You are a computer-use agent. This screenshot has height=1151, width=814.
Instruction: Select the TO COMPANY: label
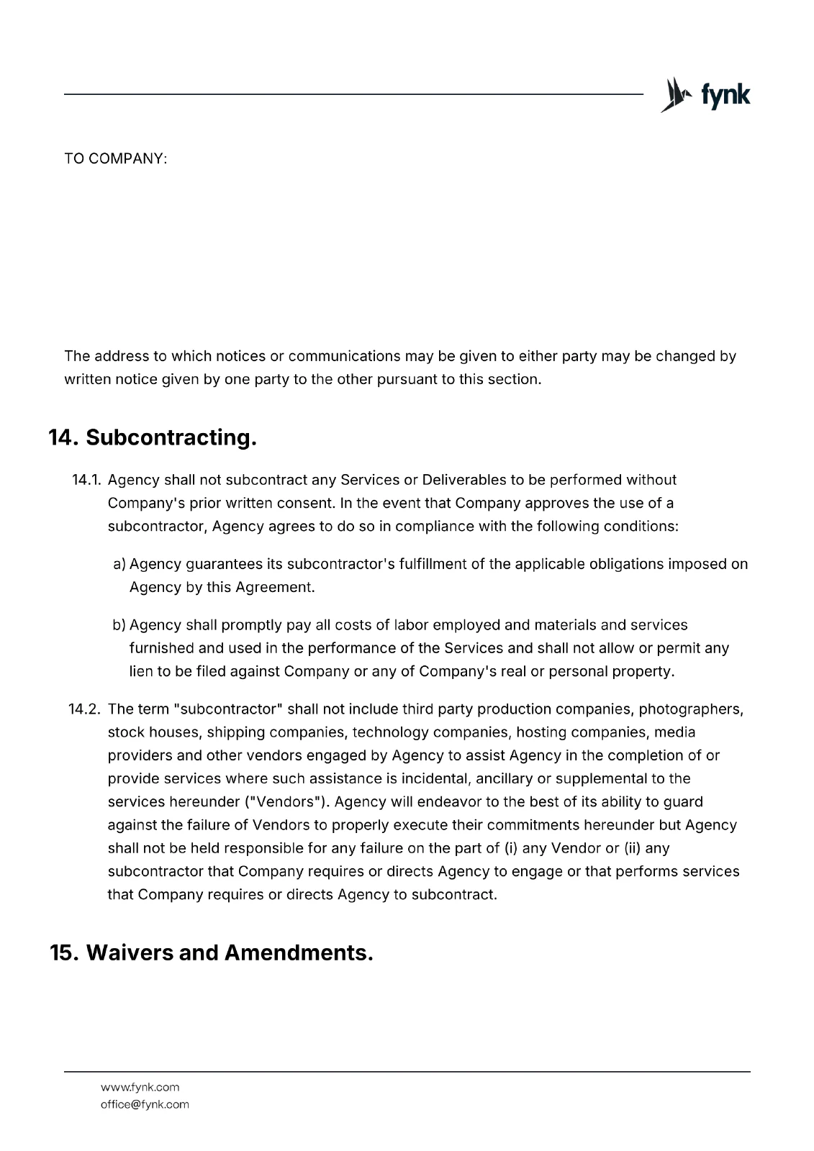[x=115, y=158]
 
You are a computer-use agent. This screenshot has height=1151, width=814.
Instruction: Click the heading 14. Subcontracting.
[x=153, y=437]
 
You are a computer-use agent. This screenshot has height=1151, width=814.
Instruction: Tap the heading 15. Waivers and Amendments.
[x=211, y=952]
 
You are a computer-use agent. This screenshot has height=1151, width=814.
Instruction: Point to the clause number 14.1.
[x=88, y=480]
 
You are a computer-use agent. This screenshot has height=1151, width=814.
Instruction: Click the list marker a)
[x=119, y=564]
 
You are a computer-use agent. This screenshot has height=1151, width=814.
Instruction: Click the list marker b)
[x=119, y=625]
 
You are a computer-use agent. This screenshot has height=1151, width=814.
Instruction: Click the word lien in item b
[x=140, y=671]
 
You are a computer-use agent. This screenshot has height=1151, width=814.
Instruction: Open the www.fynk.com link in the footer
[x=140, y=1087]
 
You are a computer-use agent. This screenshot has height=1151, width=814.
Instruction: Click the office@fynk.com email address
[x=145, y=1104]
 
